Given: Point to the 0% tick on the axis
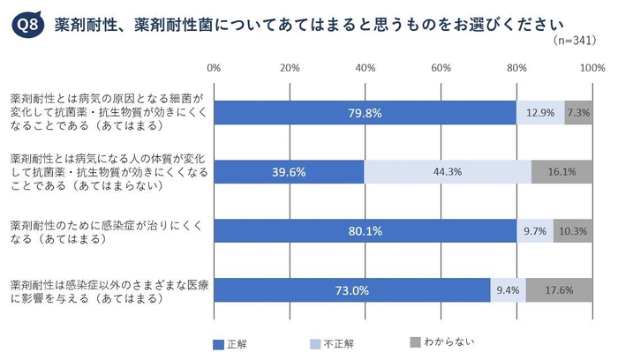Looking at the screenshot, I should coord(214,67).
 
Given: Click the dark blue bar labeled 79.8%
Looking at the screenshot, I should coord(365,113).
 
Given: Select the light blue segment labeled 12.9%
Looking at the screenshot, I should coord(540,113).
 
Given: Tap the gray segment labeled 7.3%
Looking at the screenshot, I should coord(578,113).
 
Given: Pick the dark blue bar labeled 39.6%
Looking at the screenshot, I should coord(289,172).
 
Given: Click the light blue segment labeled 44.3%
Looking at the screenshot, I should coord(448,172).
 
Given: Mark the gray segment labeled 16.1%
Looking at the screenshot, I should coord(561,172).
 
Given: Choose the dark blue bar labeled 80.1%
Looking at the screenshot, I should coord(365,230).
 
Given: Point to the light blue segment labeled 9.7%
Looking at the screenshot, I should coord(535,230).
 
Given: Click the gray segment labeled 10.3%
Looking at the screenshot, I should coord(573,230).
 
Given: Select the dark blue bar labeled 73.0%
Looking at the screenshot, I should coord(351,289).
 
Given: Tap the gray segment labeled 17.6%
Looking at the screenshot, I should coord(560,289).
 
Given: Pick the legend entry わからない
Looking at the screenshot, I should coord(441,341).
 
